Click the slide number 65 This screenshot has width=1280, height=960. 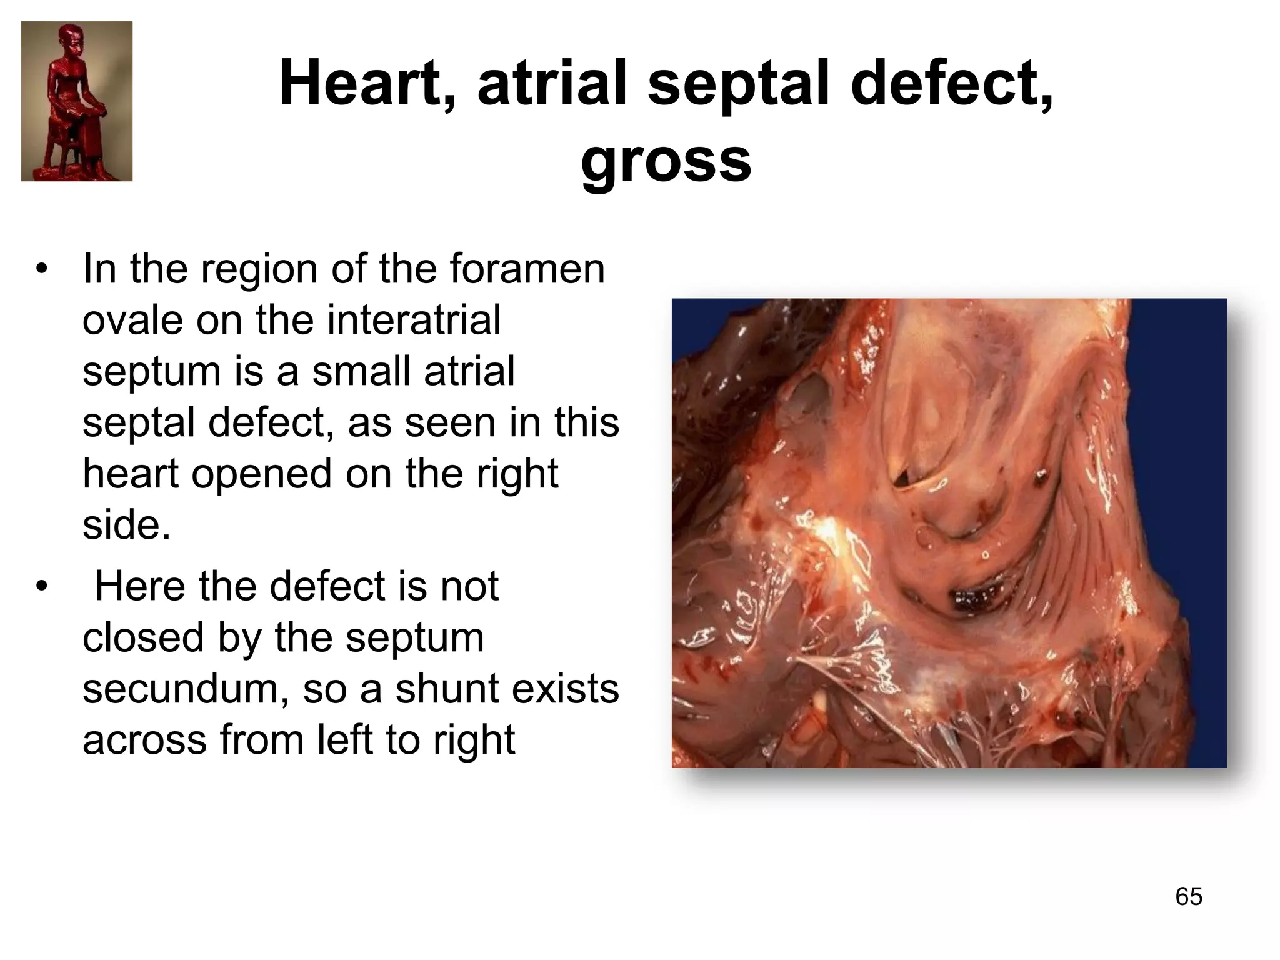1189,896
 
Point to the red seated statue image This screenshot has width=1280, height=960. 77,101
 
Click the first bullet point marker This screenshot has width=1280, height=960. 42,270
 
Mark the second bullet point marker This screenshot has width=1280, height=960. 42,587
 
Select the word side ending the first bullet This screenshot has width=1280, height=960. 125,525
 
